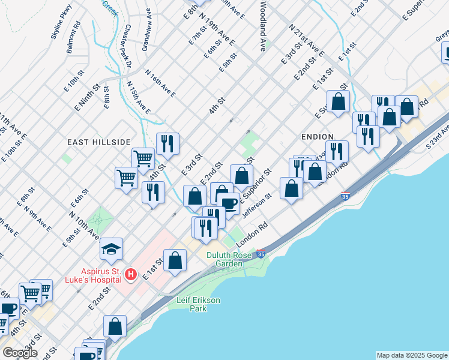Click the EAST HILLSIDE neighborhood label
tap(98, 142)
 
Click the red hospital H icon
tap(131, 275)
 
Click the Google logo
tap(20, 352)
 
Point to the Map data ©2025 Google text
tap(411, 355)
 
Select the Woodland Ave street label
tap(263, 25)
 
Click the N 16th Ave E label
tap(160, 83)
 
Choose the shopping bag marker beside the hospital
tap(175, 260)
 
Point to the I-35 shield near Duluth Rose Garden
tap(261, 253)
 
